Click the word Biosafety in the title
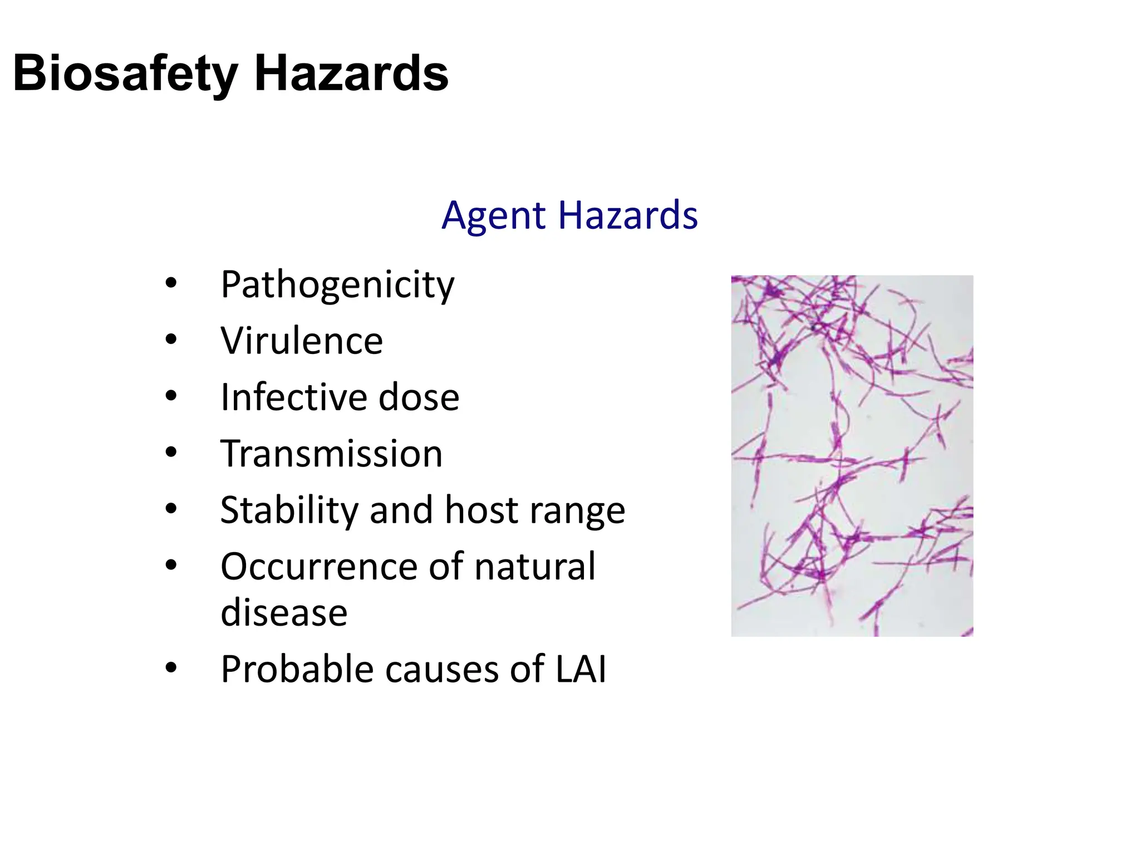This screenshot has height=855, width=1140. pyautogui.click(x=125, y=74)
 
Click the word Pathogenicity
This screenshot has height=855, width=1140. pyautogui.click(x=337, y=285)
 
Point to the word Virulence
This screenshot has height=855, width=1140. pyautogui.click(x=302, y=341)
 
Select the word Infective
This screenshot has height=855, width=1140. pyautogui.click(x=293, y=397)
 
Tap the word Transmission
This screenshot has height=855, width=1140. pyautogui.click(x=331, y=454)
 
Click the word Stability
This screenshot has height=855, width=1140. pyautogui.click(x=288, y=510)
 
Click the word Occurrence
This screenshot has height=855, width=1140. pyautogui.click(x=318, y=567)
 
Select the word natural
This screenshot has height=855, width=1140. pyautogui.click(x=535, y=567)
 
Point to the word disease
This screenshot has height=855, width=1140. pyautogui.click(x=284, y=613)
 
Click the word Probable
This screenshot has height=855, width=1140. pyautogui.click(x=297, y=669)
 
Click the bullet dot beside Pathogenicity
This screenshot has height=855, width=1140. pyautogui.click(x=171, y=283)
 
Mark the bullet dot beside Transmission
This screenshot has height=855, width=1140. pyautogui.click(x=171, y=452)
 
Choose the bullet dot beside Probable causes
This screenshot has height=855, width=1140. pyautogui.click(x=171, y=667)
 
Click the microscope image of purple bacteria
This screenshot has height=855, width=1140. pyautogui.click(x=852, y=455)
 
